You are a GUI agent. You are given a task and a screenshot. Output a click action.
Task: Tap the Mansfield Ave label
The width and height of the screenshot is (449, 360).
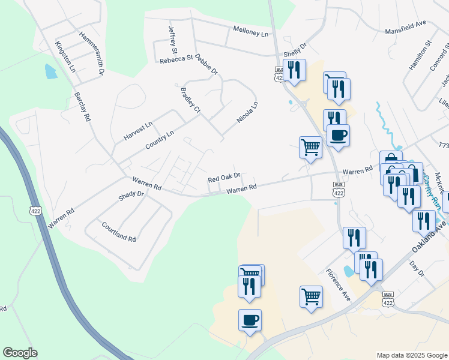coord(405,28)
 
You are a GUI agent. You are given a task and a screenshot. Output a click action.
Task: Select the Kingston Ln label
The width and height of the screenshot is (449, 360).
coord(65,57)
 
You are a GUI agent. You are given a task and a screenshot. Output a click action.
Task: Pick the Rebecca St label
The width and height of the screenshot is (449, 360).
coord(176,59)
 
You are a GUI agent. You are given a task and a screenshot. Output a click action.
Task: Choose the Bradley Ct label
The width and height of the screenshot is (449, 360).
coord(190,100)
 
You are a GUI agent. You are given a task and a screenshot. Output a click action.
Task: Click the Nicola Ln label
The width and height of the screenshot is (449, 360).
coord(247,112)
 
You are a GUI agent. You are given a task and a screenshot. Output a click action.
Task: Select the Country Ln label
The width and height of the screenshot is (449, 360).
coord(159,142)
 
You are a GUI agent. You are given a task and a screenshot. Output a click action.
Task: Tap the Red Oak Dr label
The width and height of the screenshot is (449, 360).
coord(224,178)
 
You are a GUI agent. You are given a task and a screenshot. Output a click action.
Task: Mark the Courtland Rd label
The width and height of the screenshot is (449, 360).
coord(119,231)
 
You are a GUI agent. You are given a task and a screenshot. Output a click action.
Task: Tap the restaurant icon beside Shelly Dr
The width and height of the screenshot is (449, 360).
coord(294,71)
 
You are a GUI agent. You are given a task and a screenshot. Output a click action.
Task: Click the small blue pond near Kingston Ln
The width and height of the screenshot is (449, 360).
coord(50,71)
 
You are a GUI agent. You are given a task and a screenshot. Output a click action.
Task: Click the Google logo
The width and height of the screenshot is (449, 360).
coord(20,353)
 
